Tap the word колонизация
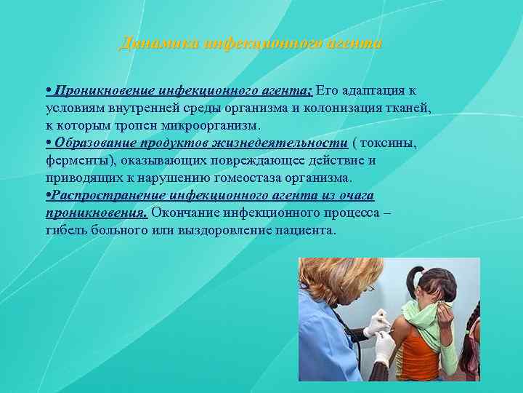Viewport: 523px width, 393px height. [x=320, y=108]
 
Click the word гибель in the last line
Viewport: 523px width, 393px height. [x=64, y=230]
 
